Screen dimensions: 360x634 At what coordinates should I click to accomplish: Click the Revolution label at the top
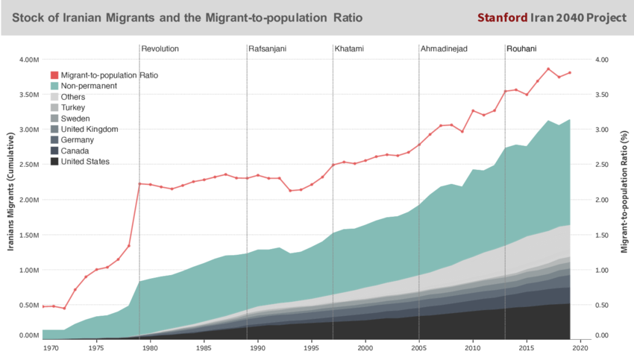click(x=160, y=49)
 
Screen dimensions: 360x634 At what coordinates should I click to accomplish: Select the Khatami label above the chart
click(x=350, y=49)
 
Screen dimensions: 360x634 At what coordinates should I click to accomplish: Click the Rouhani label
click(x=521, y=49)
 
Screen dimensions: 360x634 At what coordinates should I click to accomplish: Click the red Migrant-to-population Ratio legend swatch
click(x=54, y=75)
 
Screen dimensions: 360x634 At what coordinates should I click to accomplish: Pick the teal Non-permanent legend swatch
click(x=54, y=86)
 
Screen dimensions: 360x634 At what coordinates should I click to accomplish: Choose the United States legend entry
click(x=85, y=162)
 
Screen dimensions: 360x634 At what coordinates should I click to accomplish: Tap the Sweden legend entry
click(x=75, y=119)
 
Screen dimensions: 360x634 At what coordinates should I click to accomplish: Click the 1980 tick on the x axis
click(x=150, y=348)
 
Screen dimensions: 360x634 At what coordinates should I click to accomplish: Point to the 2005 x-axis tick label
click(x=419, y=348)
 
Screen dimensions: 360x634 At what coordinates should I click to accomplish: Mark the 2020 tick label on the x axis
click(x=581, y=348)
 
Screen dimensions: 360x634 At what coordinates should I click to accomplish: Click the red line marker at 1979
click(x=139, y=183)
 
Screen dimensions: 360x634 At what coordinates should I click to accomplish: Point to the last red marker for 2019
click(x=570, y=73)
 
